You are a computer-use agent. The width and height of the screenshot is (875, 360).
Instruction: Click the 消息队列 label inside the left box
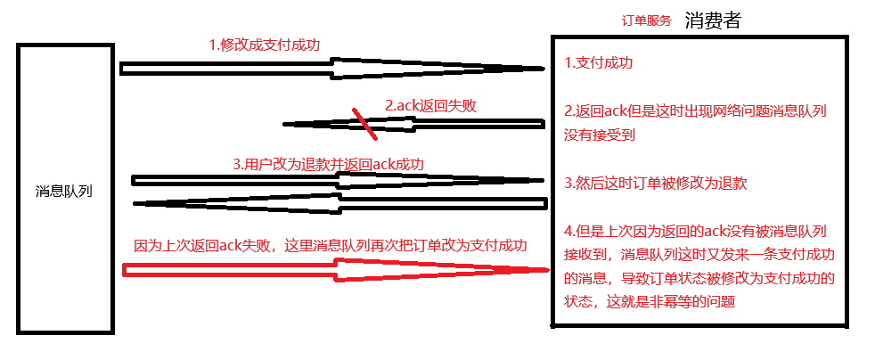[64, 192]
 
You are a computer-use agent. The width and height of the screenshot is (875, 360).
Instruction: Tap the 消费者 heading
[714, 20]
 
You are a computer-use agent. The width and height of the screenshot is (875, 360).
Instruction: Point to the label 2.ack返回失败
[430, 105]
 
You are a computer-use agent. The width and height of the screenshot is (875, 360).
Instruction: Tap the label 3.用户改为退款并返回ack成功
[328, 164]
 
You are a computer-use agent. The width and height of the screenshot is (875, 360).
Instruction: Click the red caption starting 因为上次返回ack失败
[331, 244]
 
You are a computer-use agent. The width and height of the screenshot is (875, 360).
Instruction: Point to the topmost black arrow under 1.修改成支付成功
[330, 68]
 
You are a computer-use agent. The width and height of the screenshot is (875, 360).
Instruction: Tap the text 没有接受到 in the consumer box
[600, 134]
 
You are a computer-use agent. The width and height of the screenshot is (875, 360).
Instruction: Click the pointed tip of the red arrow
[544, 268]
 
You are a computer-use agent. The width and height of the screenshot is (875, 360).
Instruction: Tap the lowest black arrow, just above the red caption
[339, 204]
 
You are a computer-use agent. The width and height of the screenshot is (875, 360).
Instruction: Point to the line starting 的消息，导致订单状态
[699, 278]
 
